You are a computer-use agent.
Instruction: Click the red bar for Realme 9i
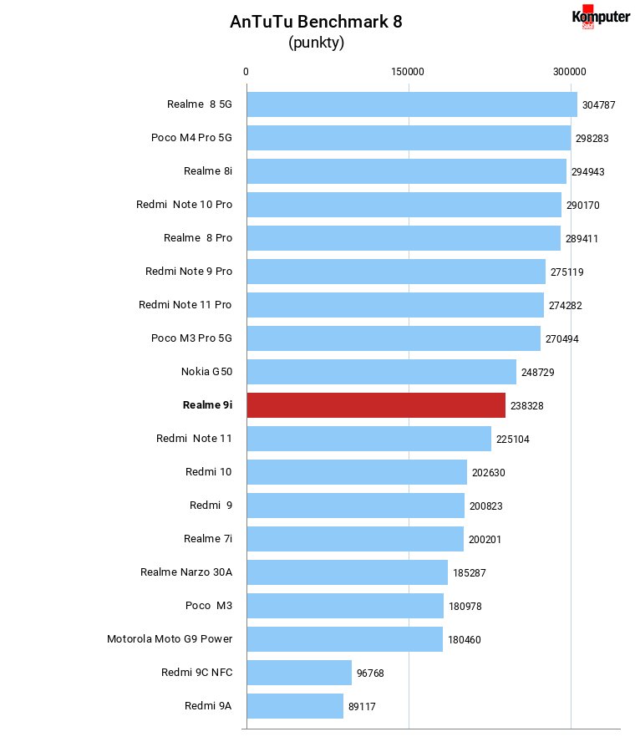click(x=376, y=405)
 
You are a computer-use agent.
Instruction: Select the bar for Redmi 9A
click(x=295, y=706)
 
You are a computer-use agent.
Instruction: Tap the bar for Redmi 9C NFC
click(x=299, y=673)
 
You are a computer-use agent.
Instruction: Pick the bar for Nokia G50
click(x=382, y=372)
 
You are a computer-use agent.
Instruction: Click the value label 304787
click(x=598, y=105)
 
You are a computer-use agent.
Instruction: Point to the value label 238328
click(x=526, y=406)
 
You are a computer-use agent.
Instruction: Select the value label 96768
click(x=370, y=673)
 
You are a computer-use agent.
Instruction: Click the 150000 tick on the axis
click(x=408, y=72)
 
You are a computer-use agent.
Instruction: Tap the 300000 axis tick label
click(x=570, y=72)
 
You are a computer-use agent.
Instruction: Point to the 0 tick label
click(x=246, y=72)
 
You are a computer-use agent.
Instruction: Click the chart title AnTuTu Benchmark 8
click(x=316, y=22)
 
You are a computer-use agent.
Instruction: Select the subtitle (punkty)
click(x=316, y=43)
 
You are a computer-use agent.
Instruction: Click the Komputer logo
click(x=601, y=17)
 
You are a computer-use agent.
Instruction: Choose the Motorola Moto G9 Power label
click(x=170, y=639)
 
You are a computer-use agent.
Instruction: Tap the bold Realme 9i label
click(x=208, y=405)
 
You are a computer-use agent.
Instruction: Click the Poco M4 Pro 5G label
click(x=191, y=138)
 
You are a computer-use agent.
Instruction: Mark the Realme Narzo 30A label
click(x=186, y=572)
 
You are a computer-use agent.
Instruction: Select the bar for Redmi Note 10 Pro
click(x=404, y=205)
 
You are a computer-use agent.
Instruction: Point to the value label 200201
click(x=485, y=540)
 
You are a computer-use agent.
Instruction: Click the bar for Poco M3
click(x=345, y=606)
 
